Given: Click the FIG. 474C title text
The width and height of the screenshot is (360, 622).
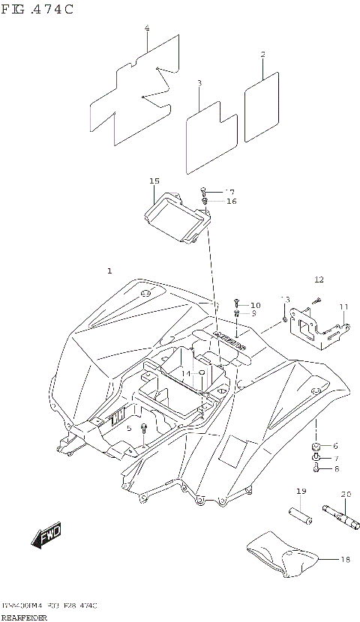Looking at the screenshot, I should (x=37, y=9).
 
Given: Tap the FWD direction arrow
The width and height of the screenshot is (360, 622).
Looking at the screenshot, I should (x=46, y=535).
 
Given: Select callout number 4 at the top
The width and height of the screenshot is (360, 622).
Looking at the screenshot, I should (x=147, y=28).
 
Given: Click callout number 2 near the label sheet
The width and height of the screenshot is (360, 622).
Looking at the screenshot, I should (x=263, y=54).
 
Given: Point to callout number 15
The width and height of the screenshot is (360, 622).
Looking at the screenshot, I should (x=154, y=181).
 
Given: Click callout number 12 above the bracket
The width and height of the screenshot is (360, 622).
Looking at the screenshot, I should (x=319, y=280).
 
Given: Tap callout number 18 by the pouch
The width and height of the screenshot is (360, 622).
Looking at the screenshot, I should (x=345, y=559).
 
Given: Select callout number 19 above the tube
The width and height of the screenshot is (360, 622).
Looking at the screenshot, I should (x=301, y=491).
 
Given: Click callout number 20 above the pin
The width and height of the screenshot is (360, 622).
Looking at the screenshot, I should (x=346, y=494).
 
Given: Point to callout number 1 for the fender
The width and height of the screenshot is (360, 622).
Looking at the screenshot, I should (x=109, y=270).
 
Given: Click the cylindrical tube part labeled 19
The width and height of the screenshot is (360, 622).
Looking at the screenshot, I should (x=301, y=516).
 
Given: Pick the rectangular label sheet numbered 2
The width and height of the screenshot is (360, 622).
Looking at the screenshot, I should (x=262, y=108).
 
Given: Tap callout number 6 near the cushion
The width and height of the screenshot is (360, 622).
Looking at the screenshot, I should (x=334, y=445).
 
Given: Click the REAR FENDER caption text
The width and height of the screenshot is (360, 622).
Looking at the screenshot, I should (x=25, y=617).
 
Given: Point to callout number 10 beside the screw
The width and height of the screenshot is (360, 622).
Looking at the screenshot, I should (x=256, y=305).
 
